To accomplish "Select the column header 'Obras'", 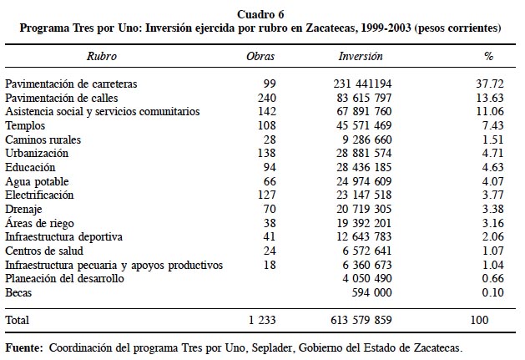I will point(260,57).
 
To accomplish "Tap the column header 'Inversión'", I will point(361,57).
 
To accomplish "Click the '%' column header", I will point(488,57).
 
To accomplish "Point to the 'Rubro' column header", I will point(102,57).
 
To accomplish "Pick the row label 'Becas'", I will point(19,292).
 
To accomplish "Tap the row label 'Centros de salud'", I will point(43,251).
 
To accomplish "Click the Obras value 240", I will point(266,98).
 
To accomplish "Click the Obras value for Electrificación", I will point(266,195).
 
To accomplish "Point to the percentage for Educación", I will point(490,167).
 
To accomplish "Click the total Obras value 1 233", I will point(261,320).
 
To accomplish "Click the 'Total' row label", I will point(18,320).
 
